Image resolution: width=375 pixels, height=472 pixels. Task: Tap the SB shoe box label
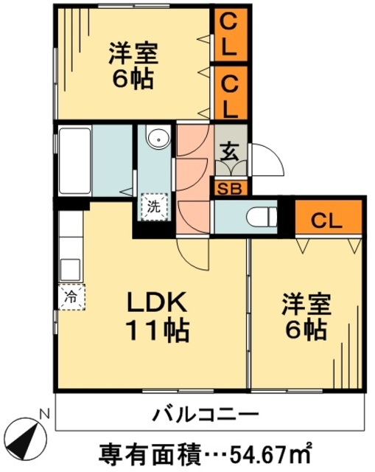pos(230,189)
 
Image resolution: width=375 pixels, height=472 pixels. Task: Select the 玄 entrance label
pos(230,151)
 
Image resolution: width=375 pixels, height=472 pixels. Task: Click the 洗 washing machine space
pos(154,207)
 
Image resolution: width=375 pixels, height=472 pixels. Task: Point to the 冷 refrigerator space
pos(71,296)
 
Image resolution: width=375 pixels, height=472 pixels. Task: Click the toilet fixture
pos(262,216)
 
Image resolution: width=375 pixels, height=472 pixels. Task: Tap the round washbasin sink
pos(158,139)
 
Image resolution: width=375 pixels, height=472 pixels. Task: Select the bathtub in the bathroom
pos(75,162)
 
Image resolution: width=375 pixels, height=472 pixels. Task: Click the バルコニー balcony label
pos(206,414)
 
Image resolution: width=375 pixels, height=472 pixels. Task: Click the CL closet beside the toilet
pos(328,216)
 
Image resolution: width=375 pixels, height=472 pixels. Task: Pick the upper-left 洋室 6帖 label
pos(133,66)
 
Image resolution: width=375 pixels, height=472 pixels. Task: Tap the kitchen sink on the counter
pos(71,270)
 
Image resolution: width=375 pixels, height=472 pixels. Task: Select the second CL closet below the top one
pos(231,93)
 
